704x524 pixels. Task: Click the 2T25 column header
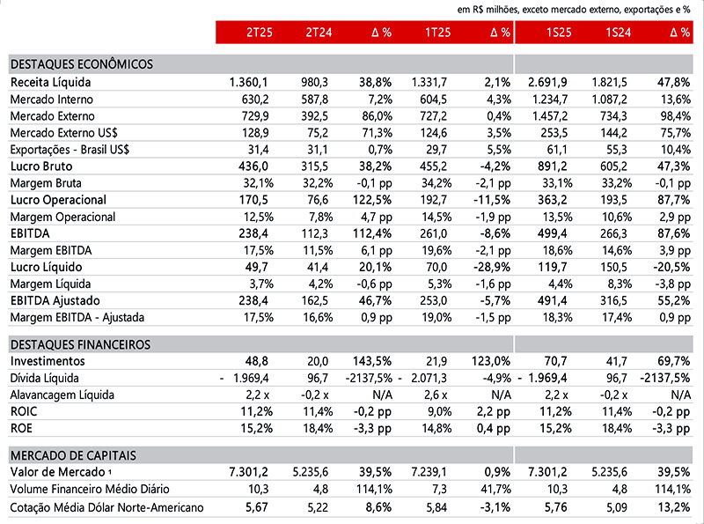click(259, 33)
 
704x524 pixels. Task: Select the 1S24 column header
click(619, 33)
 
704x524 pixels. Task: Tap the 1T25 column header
click(437, 33)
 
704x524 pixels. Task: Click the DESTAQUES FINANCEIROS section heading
click(80, 344)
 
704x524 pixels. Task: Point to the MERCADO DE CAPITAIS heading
click(73, 455)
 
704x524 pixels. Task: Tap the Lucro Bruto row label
click(41, 166)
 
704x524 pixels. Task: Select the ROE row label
click(21, 428)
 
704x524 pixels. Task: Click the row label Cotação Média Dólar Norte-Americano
click(106, 507)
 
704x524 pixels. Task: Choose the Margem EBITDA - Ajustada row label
click(77, 318)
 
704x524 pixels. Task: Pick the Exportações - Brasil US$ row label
click(70, 150)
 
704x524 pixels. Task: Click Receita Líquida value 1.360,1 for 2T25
click(248, 82)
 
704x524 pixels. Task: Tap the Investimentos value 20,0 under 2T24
click(318, 361)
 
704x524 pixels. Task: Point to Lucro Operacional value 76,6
click(318, 200)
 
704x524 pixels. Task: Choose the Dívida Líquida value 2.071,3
click(429, 378)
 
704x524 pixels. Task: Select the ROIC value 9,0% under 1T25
click(436, 411)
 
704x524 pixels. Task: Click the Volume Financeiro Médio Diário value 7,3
click(439, 489)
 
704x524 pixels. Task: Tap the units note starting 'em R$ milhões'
click(574, 10)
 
